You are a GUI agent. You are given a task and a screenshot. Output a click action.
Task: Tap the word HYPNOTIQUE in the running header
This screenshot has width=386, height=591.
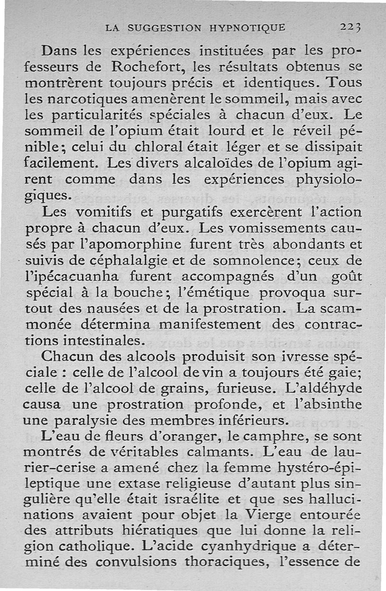248,27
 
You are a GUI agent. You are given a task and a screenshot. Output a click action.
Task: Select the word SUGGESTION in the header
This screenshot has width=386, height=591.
164,27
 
